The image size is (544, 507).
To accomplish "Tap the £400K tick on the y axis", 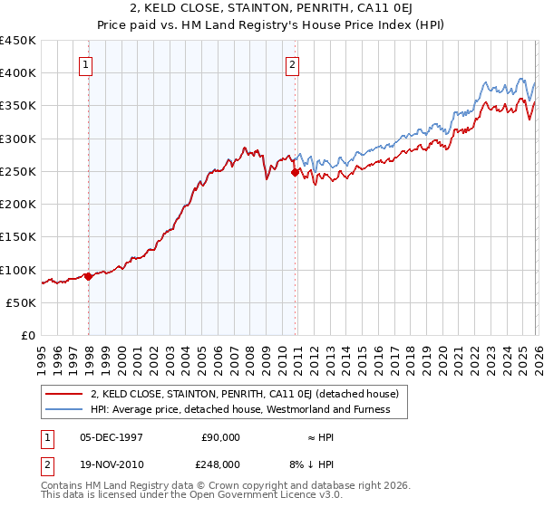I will pos(18,73).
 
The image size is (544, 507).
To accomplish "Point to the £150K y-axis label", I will pos(18,237).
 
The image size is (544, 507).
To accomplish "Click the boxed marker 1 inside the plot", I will pos(85,64).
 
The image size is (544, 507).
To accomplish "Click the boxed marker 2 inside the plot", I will pos(293,64).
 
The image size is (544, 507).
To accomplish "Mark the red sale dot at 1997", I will pos(88,277).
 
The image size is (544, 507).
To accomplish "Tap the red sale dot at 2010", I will pos(295,172).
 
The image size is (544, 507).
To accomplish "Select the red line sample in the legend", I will pos(64,394).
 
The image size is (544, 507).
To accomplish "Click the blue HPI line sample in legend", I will pos(64,409).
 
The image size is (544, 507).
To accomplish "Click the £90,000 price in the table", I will pos(220,436).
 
